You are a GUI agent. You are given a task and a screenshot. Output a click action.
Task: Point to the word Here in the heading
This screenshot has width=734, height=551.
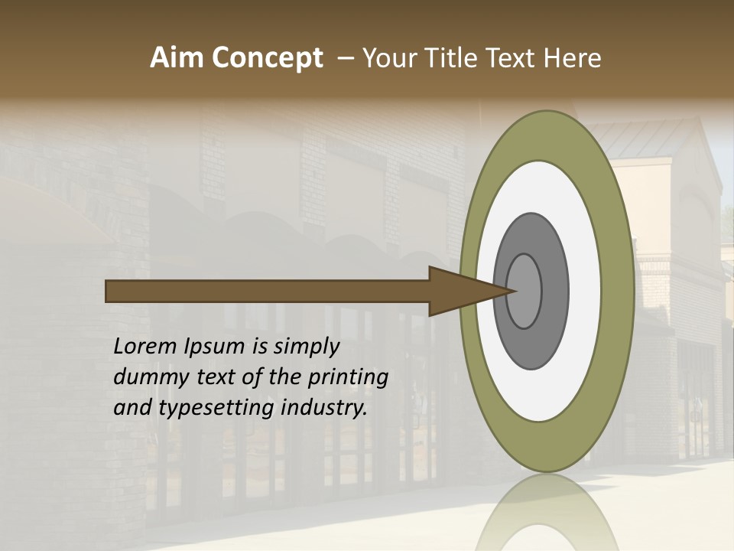tap(573, 58)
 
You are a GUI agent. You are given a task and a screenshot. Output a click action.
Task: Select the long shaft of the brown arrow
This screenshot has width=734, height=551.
tap(268, 291)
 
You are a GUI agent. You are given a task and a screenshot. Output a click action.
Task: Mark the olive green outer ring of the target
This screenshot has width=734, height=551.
tap(620, 292)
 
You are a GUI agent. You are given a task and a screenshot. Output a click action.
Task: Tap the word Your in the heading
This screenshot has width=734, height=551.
tap(386, 58)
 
